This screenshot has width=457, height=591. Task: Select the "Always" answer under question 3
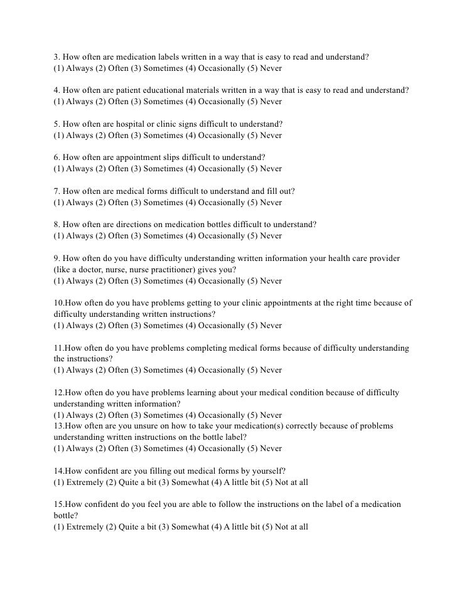tap(79, 68)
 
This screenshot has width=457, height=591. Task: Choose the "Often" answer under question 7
tap(117, 203)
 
